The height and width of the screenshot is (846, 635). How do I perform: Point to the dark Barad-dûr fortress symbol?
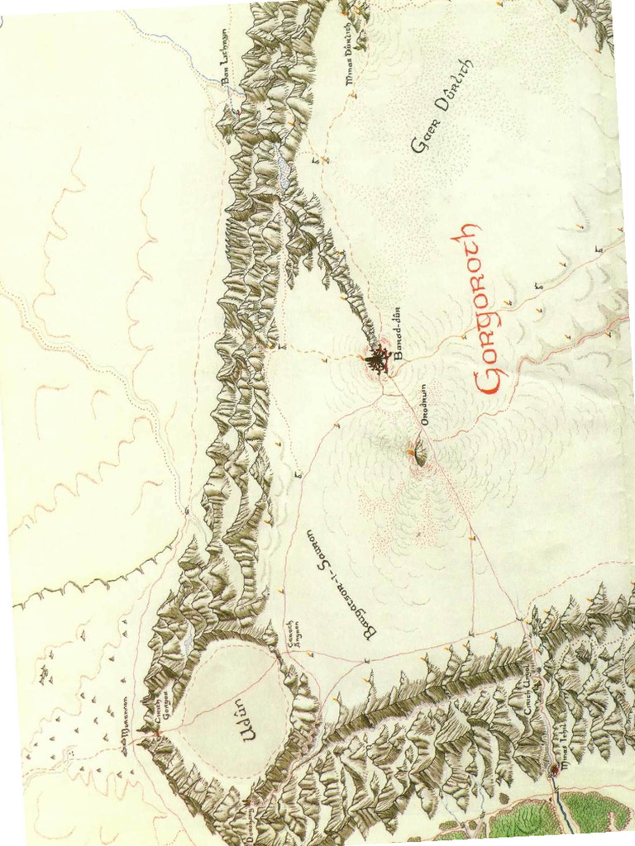tap(378, 360)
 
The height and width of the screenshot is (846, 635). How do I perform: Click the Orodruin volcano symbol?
tap(416, 453)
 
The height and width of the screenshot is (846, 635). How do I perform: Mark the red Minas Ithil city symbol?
tap(554, 771)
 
